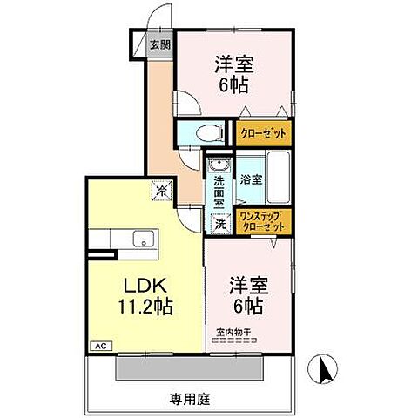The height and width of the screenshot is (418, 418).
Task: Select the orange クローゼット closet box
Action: point(263,134)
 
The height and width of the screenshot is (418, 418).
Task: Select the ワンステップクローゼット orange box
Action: point(263,221)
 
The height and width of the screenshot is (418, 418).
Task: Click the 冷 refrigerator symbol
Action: point(162,188)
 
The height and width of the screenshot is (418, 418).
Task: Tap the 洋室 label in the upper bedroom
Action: point(234,64)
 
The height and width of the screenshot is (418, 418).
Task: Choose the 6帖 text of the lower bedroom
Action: point(246,307)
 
